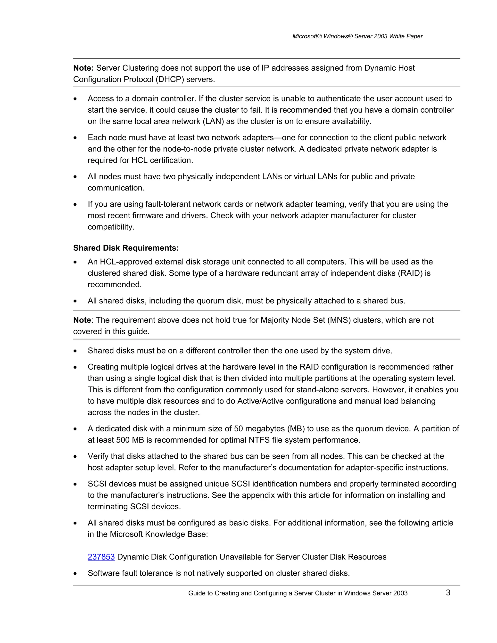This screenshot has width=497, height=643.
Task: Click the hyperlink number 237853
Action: pos(101,557)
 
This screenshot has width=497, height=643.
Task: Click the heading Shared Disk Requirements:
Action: pos(126,248)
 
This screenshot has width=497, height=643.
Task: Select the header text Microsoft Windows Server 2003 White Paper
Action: pos(357,36)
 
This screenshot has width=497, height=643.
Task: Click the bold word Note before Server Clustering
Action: pos(83,68)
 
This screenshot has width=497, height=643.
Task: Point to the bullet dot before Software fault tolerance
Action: pos(75,573)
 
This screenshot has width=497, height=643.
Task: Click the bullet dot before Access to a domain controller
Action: pos(75,99)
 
